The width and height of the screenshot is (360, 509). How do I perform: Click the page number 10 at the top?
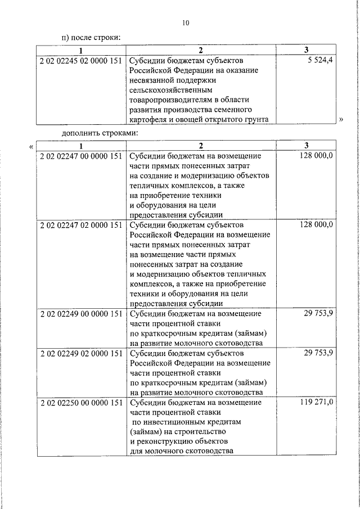coord(186,23)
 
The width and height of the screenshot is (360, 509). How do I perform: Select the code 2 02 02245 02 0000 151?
coord(81,60)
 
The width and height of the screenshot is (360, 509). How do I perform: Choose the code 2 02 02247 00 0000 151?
coord(81,155)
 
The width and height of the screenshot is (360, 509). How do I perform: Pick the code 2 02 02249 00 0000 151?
coord(81,313)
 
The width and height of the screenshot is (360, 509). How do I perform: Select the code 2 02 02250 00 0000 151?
coord(81,403)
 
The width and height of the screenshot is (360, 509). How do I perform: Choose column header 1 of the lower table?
coord(81,146)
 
